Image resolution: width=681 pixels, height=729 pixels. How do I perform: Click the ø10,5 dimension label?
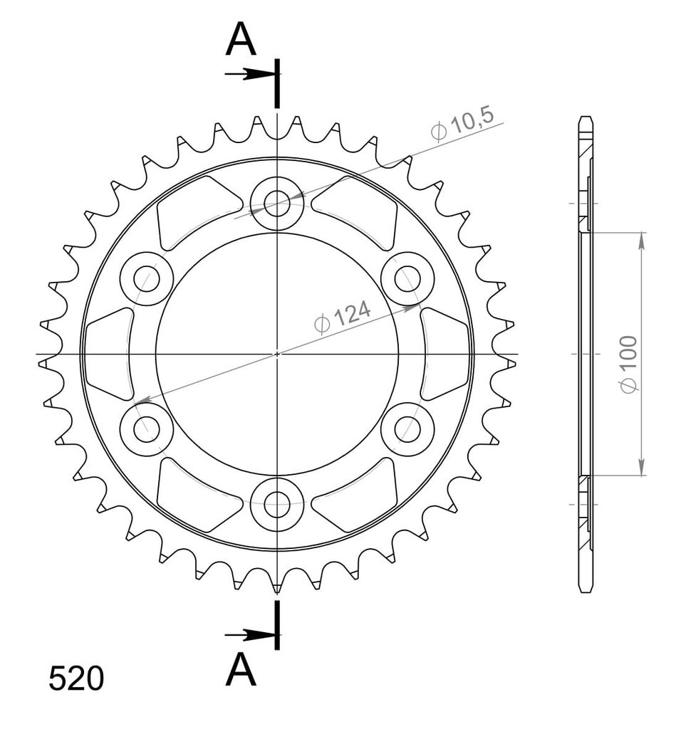(462, 124)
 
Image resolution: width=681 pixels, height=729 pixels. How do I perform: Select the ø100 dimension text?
(629, 364)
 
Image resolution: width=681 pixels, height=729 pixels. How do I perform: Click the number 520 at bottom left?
(76, 679)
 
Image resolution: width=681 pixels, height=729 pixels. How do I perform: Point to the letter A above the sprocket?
(241, 39)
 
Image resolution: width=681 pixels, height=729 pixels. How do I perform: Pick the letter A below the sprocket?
(241, 669)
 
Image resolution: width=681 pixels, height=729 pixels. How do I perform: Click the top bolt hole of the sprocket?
(277, 203)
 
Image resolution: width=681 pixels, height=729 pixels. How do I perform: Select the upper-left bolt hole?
(147, 279)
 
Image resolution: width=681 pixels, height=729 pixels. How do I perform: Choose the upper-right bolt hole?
(407, 279)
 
